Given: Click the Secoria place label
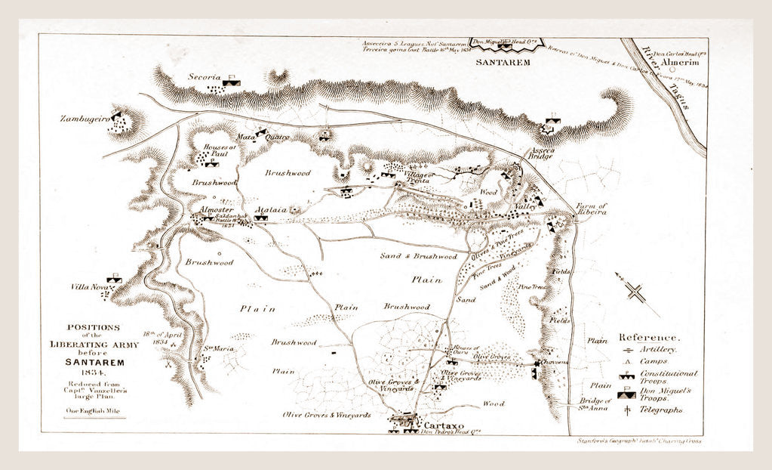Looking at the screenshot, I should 205,77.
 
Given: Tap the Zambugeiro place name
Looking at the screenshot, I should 82,119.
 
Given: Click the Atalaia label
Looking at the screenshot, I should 268,209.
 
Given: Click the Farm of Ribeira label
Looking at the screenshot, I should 591,209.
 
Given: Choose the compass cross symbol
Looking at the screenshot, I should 638,292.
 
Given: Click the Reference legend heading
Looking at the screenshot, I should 649,337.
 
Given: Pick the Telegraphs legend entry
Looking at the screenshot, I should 661,410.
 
